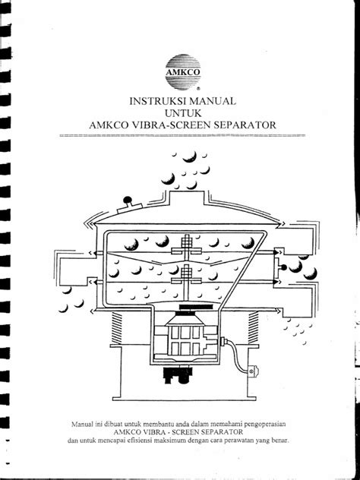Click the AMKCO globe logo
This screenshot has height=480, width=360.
click(x=183, y=72)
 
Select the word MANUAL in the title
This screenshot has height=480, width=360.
click(x=210, y=101)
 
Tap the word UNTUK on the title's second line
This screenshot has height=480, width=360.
click(x=183, y=113)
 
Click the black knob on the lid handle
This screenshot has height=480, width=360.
click(x=127, y=200)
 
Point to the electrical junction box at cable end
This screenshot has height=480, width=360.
click(x=253, y=371)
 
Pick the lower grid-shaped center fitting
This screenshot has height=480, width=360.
click(x=186, y=273)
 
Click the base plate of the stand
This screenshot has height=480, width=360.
click(x=184, y=399)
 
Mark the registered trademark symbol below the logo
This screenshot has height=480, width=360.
click(x=199, y=89)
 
